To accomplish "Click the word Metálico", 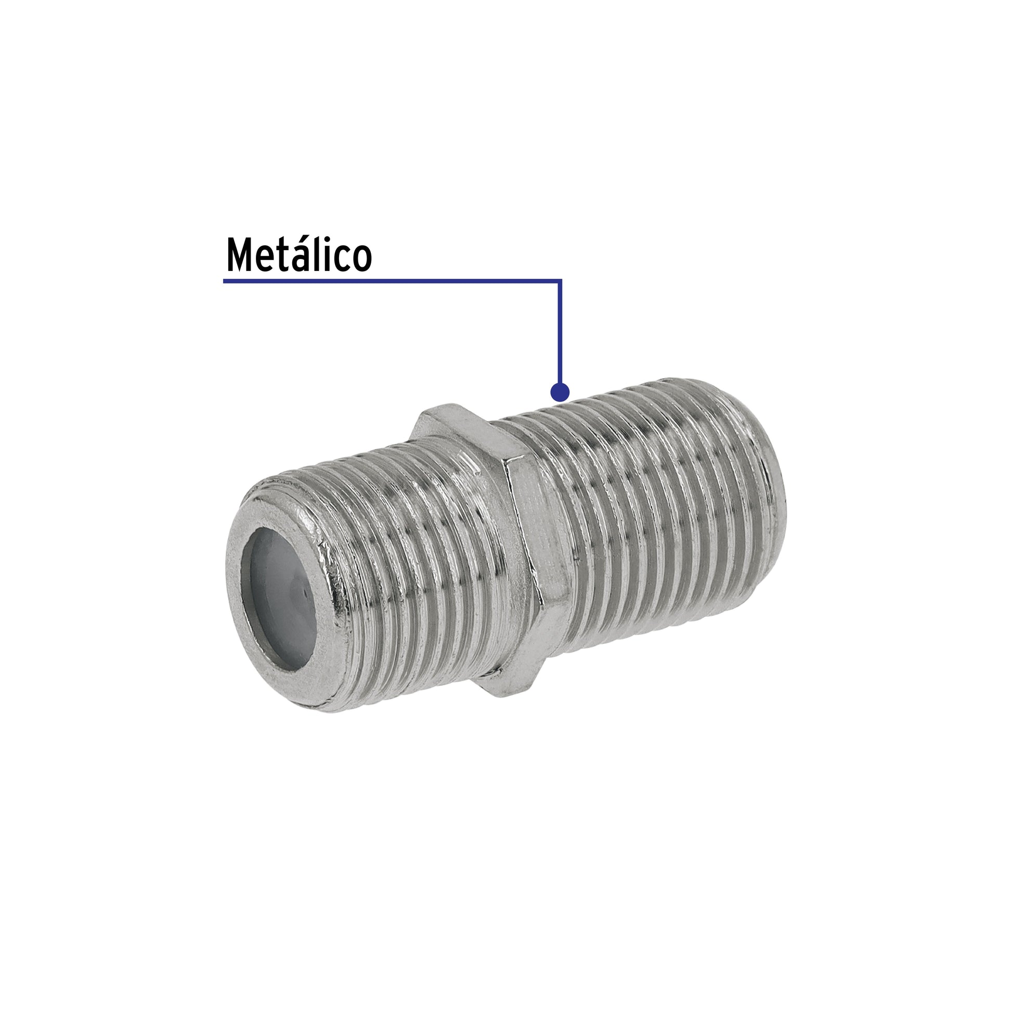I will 299,255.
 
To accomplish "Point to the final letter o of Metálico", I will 361,260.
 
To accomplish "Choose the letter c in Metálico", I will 344,260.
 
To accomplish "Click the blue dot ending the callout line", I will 560,392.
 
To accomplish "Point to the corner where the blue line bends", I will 560,281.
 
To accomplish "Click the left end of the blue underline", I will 225,281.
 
